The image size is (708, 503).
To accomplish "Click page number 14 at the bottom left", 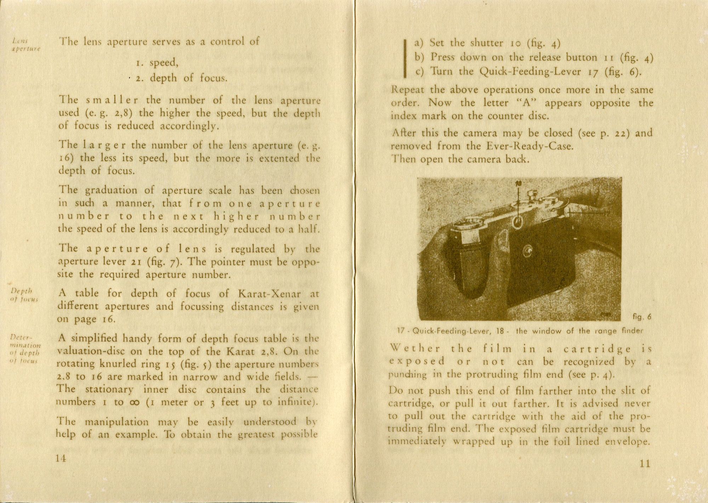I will click(x=61, y=458).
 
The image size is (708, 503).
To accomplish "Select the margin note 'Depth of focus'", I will click(x=24, y=295).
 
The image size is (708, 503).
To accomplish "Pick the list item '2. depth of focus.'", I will click(x=181, y=78).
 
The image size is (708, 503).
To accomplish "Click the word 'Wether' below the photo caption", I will click(x=415, y=349).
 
